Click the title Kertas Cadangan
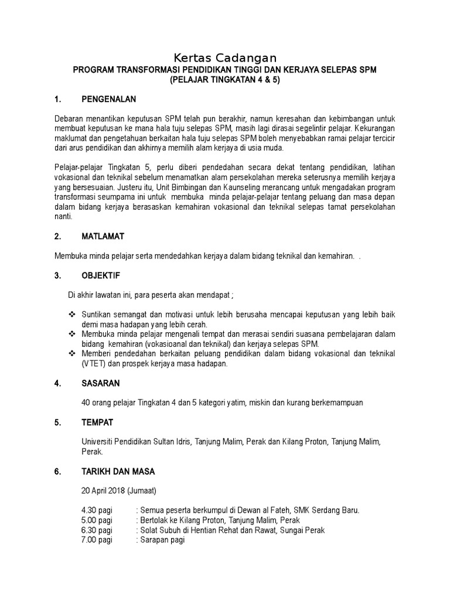pos(225,58)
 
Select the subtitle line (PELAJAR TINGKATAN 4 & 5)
pos(225,80)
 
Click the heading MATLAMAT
pos(107,237)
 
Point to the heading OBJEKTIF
pos(104,275)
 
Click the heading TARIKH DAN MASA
pos(118,471)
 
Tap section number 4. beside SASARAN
pos(57,384)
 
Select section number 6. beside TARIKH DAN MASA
pos(57,471)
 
